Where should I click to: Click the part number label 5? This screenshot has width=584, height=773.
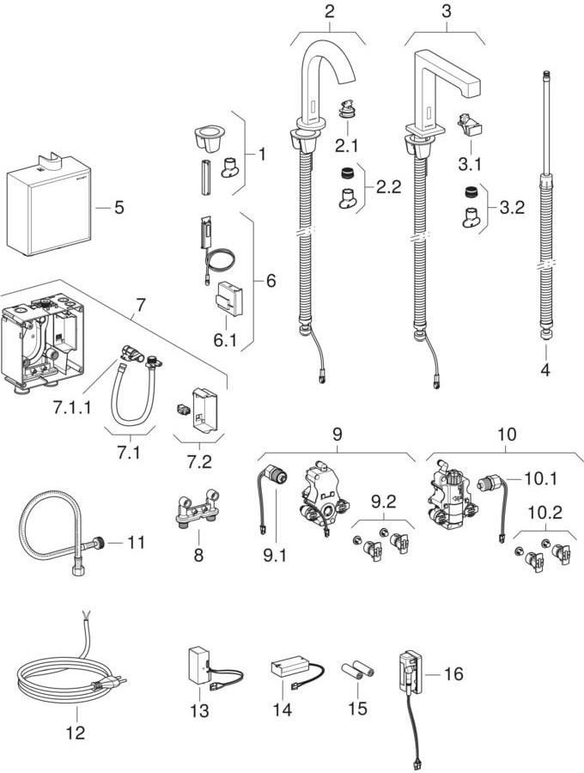point(119,207)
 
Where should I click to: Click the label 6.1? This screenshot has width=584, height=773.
point(224,340)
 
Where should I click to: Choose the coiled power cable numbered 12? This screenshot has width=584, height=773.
point(64,678)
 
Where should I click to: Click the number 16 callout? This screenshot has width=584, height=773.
point(453,674)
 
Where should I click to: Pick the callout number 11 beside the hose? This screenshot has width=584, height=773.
point(137,542)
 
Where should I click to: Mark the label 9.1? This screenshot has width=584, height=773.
point(274,557)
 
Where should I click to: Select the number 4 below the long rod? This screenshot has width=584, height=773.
point(545,371)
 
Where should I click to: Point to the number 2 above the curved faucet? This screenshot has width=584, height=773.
point(328,11)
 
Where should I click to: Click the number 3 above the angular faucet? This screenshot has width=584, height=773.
point(445,11)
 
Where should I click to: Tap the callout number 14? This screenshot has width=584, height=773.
point(281,709)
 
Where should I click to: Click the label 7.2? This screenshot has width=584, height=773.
point(200,462)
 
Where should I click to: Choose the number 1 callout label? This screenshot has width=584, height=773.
point(261,155)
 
